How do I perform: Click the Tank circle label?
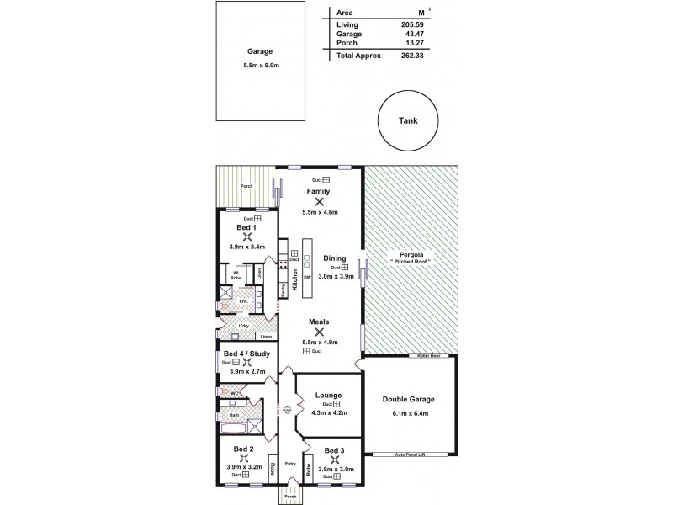[407, 120]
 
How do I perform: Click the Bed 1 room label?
[246, 227]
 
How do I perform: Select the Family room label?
[319, 191]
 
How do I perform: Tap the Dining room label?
[334, 258]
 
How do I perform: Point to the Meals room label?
[319, 321]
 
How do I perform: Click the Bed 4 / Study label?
[246, 353]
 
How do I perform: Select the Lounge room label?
[327, 394]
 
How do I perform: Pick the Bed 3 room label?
[335, 450]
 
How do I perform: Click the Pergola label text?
[411, 254]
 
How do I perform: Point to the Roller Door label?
[425, 356]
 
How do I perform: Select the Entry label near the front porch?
[290, 463]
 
